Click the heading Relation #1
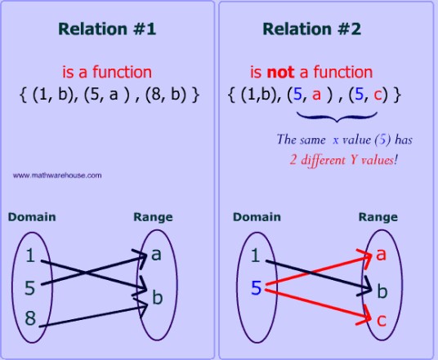[x=107, y=29]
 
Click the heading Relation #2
[x=311, y=29]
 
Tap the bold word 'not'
[x=280, y=72]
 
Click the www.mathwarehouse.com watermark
[x=57, y=176]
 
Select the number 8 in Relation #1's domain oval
[x=30, y=318]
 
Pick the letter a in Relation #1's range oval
[x=156, y=255]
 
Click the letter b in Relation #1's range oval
[x=157, y=296]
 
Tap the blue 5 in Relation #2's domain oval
[x=256, y=287]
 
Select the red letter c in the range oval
[x=382, y=320]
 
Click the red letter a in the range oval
[x=381, y=255]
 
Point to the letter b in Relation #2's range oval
[x=382, y=291]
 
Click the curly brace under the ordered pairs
[x=337, y=117]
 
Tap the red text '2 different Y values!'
[x=343, y=160]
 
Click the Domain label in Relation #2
[x=257, y=217]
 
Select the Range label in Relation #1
[x=153, y=217]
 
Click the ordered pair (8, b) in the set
[x=165, y=95]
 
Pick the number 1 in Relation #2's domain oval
[x=255, y=256]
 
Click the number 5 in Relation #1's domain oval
[x=30, y=287]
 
